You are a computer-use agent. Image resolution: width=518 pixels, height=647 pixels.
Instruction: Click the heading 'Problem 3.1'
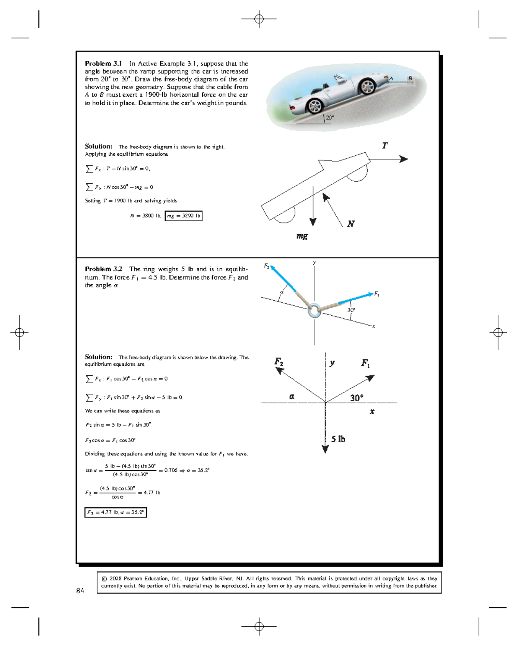coord(103,63)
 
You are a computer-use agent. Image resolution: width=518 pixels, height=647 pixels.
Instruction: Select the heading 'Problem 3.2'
coord(103,269)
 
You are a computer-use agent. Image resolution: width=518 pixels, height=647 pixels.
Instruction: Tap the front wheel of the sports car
coord(368,86)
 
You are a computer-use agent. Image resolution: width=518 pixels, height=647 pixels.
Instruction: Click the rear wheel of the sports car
coord(315,106)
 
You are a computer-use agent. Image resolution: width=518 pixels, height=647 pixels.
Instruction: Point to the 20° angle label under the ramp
coord(330,117)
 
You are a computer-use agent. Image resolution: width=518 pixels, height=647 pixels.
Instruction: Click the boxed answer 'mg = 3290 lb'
coord(183,216)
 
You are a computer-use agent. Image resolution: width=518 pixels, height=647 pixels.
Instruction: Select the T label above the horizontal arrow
coord(385,146)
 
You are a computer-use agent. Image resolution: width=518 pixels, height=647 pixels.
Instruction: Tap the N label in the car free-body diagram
coord(351,224)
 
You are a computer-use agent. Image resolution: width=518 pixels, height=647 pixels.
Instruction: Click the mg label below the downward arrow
coord(302,236)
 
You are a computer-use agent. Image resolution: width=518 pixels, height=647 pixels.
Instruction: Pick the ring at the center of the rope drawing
coord(314,310)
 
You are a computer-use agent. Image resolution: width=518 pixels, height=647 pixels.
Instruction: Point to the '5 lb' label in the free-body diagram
coord(338,439)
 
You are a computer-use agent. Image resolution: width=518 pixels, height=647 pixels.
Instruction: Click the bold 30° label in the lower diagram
coord(357,398)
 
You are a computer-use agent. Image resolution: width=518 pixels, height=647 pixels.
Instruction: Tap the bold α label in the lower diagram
coord(292,396)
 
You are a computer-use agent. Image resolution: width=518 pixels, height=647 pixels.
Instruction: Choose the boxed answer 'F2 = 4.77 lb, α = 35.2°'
coord(116,512)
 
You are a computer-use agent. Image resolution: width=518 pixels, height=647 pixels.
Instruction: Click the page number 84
coord(80,591)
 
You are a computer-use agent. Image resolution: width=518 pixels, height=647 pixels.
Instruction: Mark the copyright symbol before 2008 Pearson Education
coord(104,579)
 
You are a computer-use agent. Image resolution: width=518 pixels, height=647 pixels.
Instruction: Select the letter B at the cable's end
coord(410,78)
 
